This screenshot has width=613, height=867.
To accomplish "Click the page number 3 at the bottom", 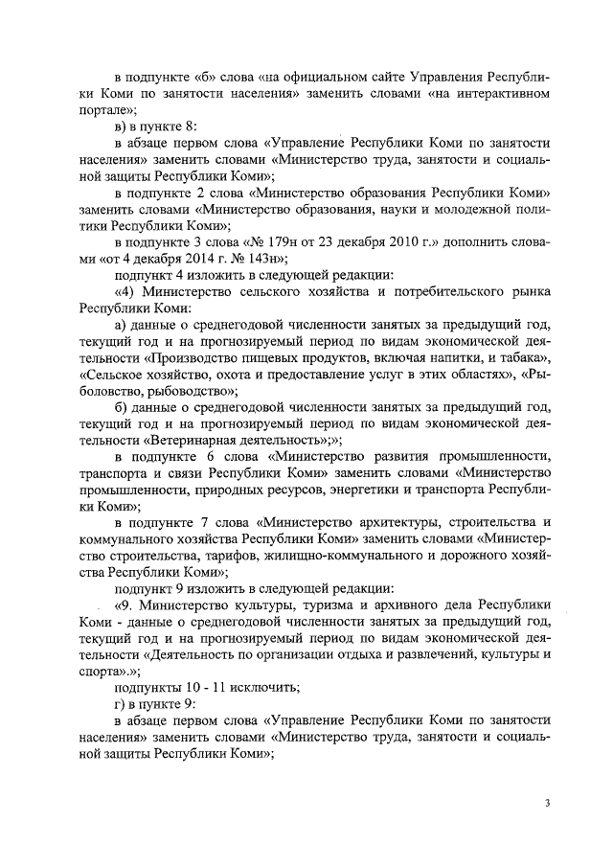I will click(x=547, y=804).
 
